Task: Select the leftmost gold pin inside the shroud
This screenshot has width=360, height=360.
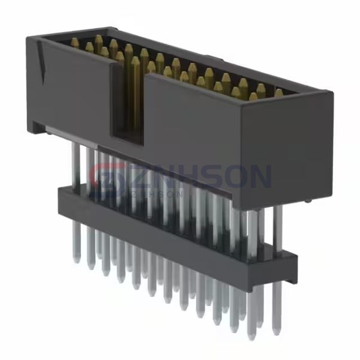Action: pos(75,43)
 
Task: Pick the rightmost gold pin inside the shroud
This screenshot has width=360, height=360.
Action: pos(278,94)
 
